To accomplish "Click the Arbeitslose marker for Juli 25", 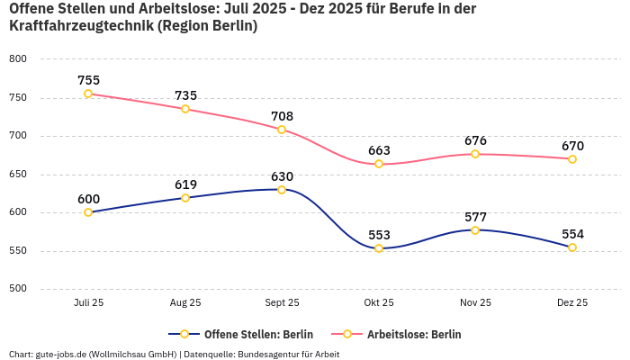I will (x=88, y=94).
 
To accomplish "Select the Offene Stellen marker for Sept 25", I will (x=282, y=190).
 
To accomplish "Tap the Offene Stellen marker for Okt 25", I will (x=379, y=248).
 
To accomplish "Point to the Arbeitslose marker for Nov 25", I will (x=475, y=154).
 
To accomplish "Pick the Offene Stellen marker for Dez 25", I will (x=572, y=247).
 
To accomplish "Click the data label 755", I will (x=88, y=80).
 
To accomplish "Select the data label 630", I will (x=282, y=176).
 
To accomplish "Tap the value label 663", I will (x=379, y=150).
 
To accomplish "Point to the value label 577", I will (x=475, y=217).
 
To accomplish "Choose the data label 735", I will (x=185, y=95).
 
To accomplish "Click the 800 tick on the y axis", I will (x=18, y=59).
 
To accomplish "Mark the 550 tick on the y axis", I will (x=18, y=251).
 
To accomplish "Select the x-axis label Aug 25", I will (x=185, y=303).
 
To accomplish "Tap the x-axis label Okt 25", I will (x=379, y=303).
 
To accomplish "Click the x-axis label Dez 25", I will (x=572, y=303).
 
